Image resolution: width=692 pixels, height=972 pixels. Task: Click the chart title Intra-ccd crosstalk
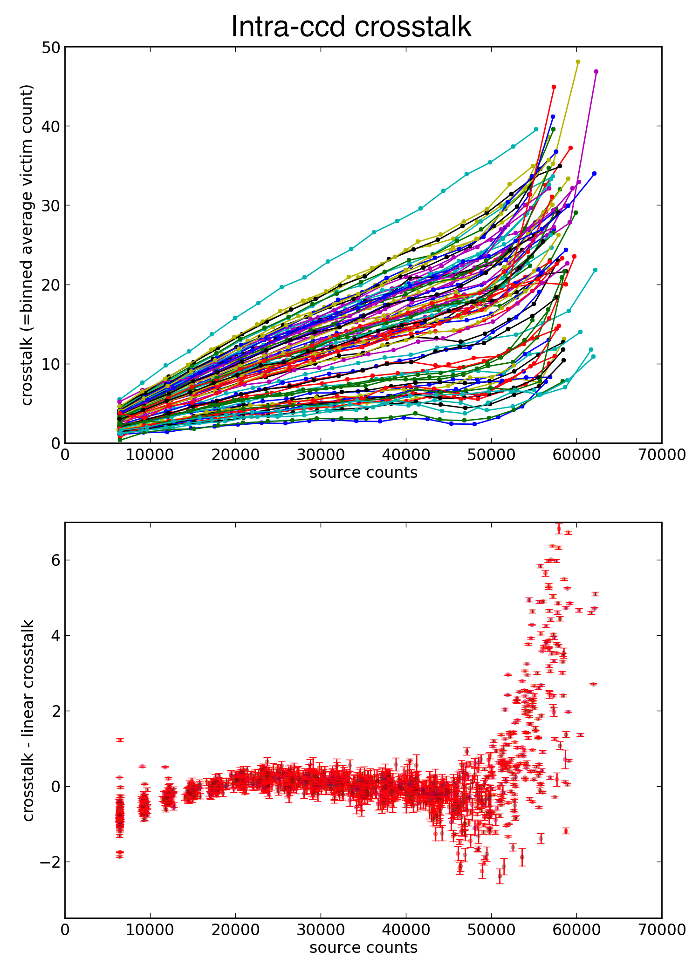(351, 27)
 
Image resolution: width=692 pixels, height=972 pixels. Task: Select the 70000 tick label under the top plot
(662, 455)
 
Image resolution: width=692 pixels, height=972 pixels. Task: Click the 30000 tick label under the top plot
(321, 455)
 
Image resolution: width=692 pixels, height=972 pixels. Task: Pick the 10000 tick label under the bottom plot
(150, 930)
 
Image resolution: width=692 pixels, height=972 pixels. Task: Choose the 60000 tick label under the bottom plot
(576, 930)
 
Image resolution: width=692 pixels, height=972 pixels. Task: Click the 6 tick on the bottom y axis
(55, 560)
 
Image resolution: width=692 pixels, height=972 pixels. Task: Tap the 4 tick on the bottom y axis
(55, 636)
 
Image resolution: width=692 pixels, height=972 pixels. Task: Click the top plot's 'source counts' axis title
(363, 473)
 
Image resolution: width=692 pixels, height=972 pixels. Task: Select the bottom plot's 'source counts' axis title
(363, 948)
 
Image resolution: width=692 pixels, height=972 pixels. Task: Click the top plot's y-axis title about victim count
(27, 245)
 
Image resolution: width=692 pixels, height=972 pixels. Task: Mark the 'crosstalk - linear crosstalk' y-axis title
(28, 720)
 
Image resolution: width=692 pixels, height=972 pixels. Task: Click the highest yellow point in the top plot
(578, 62)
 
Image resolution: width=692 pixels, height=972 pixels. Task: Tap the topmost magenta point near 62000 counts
(596, 71)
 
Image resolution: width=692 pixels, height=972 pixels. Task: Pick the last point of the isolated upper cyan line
(536, 129)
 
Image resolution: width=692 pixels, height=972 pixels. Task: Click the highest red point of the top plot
(554, 87)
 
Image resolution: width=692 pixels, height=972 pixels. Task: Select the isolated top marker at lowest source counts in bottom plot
(120, 740)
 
